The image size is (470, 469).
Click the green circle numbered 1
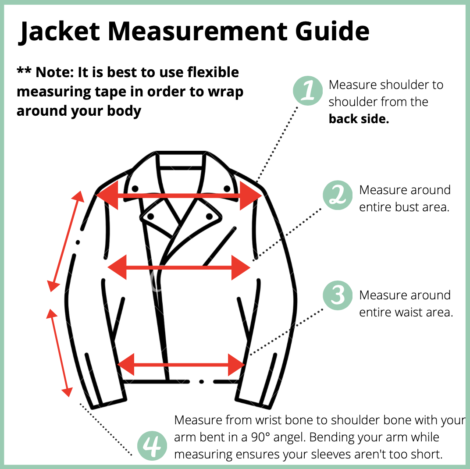pyautogui.click(x=308, y=90)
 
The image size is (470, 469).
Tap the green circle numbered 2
pyautogui.click(x=338, y=195)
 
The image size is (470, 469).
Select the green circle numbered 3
pyautogui.click(x=338, y=295)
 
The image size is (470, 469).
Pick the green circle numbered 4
pyautogui.click(x=152, y=446)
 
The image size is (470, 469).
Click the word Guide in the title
pyautogui.click(x=332, y=31)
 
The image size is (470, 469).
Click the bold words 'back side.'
pyautogui.click(x=359, y=119)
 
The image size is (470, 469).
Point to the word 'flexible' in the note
pyautogui.click(x=213, y=72)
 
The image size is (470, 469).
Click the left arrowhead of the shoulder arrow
pyautogui.click(x=107, y=195)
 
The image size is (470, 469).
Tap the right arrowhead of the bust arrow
pyautogui.click(x=241, y=268)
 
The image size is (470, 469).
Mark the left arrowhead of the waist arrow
pyautogui.click(x=125, y=365)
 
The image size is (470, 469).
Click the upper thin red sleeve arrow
pyautogui.click(x=66, y=241)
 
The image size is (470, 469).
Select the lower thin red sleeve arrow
pyautogui.click(x=60, y=353)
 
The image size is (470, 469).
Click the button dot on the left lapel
pyautogui.click(x=150, y=216)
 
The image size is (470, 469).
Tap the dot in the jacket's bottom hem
pyautogui.click(x=201, y=381)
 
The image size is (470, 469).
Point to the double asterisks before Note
pyautogui.click(x=24, y=71)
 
